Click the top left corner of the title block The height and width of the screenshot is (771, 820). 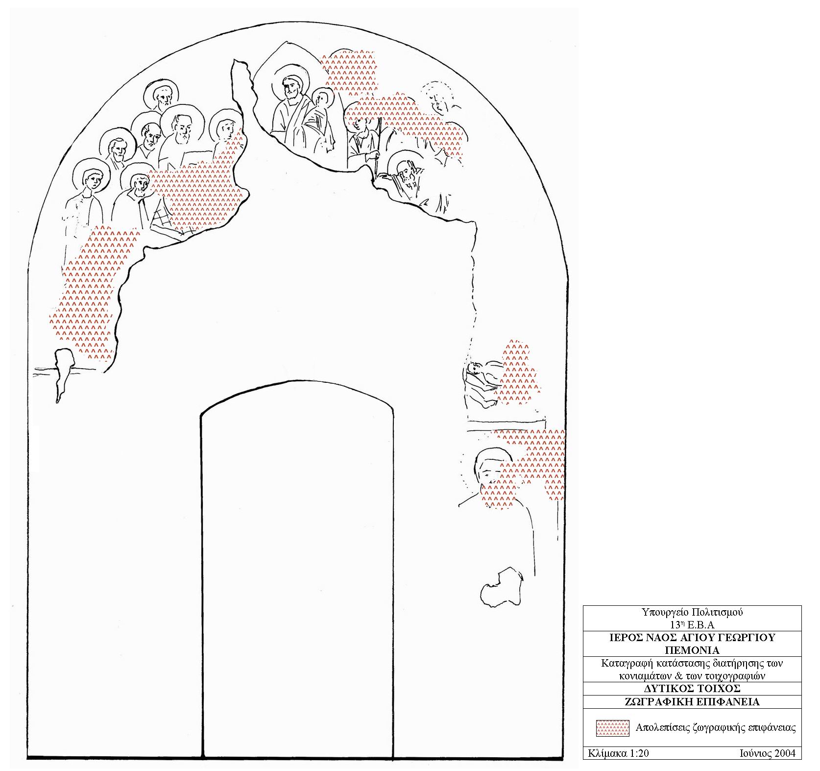pos(583,606)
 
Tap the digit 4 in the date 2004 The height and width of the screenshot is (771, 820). pos(793,753)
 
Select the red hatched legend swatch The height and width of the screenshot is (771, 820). pos(612,728)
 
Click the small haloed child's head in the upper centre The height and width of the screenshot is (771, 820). pos(321,99)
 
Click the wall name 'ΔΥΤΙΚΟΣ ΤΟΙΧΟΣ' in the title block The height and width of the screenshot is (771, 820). pos(692,689)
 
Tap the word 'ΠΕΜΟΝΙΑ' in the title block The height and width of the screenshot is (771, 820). pos(692,650)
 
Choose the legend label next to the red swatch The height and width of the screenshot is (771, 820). pos(716,728)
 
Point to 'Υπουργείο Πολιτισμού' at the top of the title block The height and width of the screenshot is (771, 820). pos(692,612)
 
